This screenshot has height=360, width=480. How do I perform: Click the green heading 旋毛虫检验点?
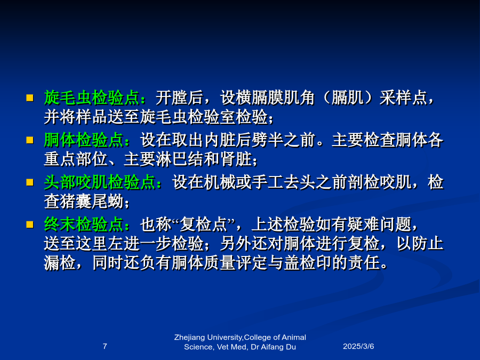point(92,98)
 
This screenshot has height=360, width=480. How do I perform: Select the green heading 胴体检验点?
point(84,140)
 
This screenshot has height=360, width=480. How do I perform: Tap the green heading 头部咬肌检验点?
point(100,182)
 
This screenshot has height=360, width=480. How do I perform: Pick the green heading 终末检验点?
point(84,225)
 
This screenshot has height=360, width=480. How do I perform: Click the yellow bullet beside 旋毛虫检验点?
point(30,98)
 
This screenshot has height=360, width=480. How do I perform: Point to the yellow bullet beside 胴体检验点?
point(30,140)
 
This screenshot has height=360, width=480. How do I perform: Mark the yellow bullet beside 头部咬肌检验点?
point(30,182)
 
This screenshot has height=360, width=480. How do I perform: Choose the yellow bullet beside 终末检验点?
point(30,225)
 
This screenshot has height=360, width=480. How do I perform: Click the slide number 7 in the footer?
point(105,346)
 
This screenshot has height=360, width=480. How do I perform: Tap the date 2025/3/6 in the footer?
point(358,346)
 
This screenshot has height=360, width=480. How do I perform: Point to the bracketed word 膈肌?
point(347,98)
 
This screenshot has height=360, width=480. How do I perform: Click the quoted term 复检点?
point(203,225)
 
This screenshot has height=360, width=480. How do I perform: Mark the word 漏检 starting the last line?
point(60,262)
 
